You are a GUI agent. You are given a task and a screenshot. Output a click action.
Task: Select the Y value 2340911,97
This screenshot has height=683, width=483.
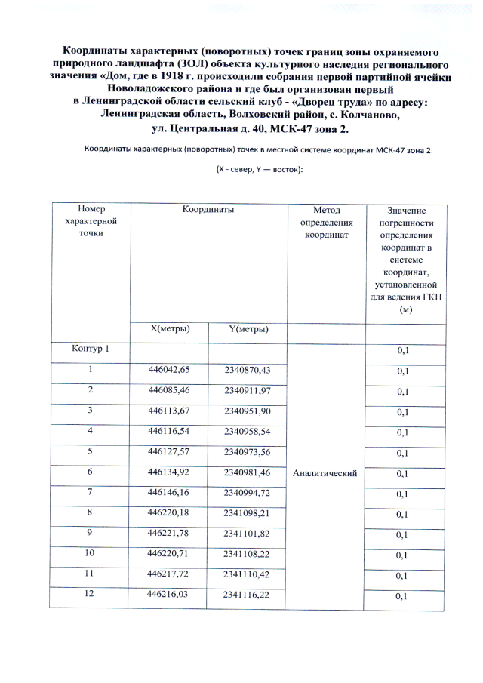click(247, 390)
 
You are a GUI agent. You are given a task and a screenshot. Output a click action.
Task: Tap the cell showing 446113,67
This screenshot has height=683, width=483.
click(169, 411)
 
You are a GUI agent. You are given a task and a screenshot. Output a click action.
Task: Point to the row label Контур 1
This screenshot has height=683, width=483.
click(91, 349)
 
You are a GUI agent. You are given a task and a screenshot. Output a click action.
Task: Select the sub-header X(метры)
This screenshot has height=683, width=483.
click(169, 328)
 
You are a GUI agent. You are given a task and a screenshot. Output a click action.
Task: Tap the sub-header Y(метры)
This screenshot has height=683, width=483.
click(248, 328)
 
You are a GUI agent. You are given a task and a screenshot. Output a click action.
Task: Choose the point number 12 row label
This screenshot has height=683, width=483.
click(91, 595)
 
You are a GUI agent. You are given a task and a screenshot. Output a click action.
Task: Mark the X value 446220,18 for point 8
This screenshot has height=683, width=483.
click(169, 513)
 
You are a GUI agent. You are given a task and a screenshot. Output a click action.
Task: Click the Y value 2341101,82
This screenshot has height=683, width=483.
click(247, 534)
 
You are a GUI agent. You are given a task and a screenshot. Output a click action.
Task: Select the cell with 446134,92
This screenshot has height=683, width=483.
click(169, 472)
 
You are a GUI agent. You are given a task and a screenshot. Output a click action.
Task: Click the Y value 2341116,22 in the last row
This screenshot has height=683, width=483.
click(247, 595)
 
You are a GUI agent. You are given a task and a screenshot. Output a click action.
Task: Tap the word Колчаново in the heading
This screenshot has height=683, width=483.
click(366, 115)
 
